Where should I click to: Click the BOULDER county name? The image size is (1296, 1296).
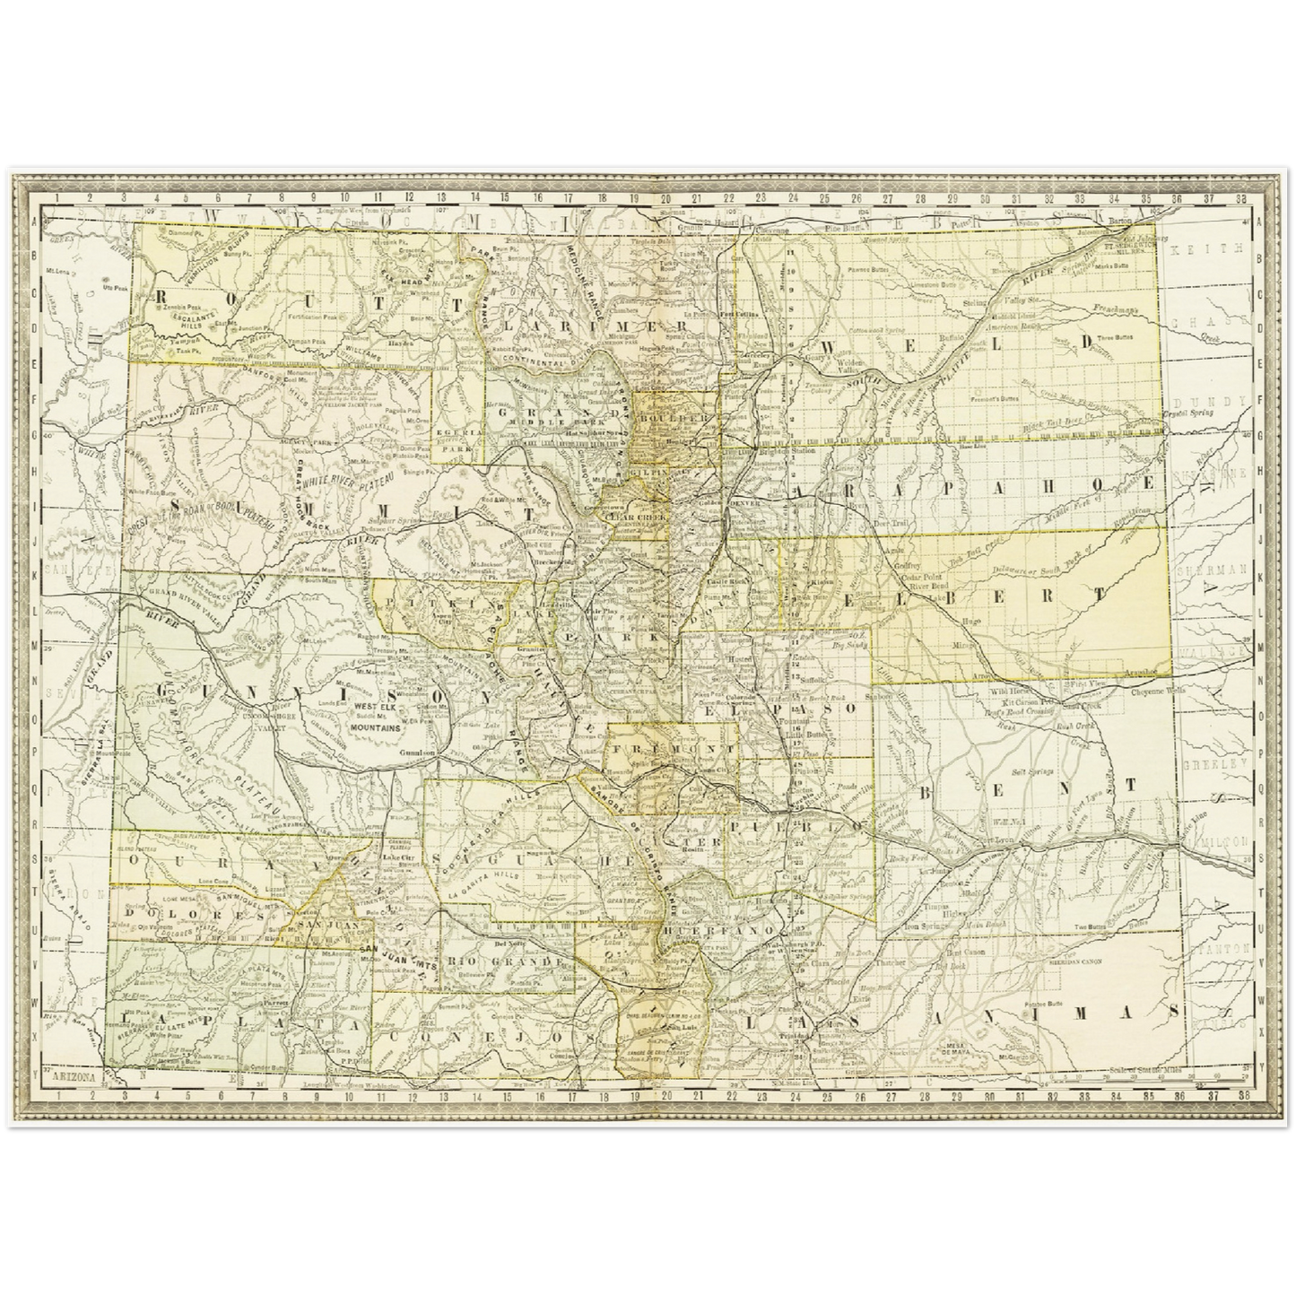coord(674,418)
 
